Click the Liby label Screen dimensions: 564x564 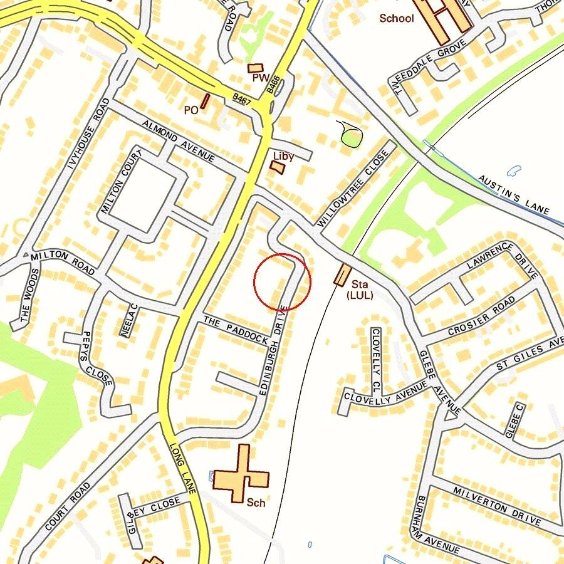(x=283, y=155)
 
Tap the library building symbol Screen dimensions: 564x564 (x=276, y=167)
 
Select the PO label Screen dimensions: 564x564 (x=191, y=110)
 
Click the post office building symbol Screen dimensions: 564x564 (x=205, y=101)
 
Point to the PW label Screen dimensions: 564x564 (x=260, y=78)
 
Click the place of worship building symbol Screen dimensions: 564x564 (x=256, y=68)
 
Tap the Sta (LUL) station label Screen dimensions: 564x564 (x=360, y=290)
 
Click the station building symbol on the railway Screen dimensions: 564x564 (x=342, y=275)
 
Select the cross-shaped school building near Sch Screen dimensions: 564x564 (x=241, y=474)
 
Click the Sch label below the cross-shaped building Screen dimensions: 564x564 (x=256, y=503)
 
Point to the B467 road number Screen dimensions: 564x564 (x=241, y=98)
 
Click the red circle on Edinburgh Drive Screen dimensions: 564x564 (x=282, y=282)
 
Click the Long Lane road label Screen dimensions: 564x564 (x=183, y=469)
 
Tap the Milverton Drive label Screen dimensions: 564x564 (x=497, y=506)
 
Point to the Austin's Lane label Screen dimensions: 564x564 (x=514, y=194)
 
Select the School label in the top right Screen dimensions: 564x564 (x=397, y=18)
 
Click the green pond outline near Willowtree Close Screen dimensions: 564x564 (x=350, y=134)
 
